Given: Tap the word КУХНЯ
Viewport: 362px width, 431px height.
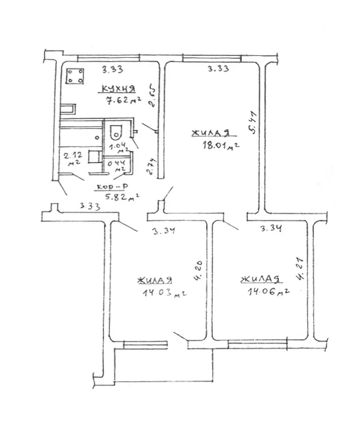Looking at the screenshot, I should click(x=118, y=89).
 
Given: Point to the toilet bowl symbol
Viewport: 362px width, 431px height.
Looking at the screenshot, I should click(x=117, y=132).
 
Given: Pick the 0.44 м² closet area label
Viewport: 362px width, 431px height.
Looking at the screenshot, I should click(x=115, y=167).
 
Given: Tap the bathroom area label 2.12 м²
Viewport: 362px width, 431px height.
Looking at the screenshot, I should click(x=73, y=159).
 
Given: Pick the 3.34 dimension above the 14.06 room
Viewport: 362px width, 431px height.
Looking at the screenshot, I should click(x=271, y=228).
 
